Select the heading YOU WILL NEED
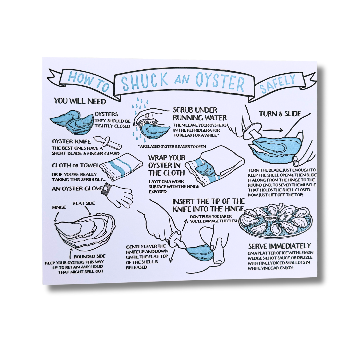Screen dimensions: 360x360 click(x=80, y=101)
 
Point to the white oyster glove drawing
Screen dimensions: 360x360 click(x=117, y=194)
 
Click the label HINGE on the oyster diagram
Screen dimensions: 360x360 click(x=59, y=207)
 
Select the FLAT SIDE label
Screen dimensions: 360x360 click(x=84, y=203)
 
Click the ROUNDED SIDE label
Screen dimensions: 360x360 click(x=90, y=256)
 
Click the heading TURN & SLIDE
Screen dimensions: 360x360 click(x=280, y=114)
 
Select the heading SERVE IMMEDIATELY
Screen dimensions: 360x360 click(x=279, y=246)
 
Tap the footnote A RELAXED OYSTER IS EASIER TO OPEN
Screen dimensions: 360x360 click(x=172, y=146)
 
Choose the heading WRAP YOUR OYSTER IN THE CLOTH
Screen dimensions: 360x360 click(x=167, y=165)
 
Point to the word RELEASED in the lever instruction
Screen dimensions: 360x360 click(x=137, y=267)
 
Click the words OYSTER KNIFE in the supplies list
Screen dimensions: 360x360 click(x=71, y=141)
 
